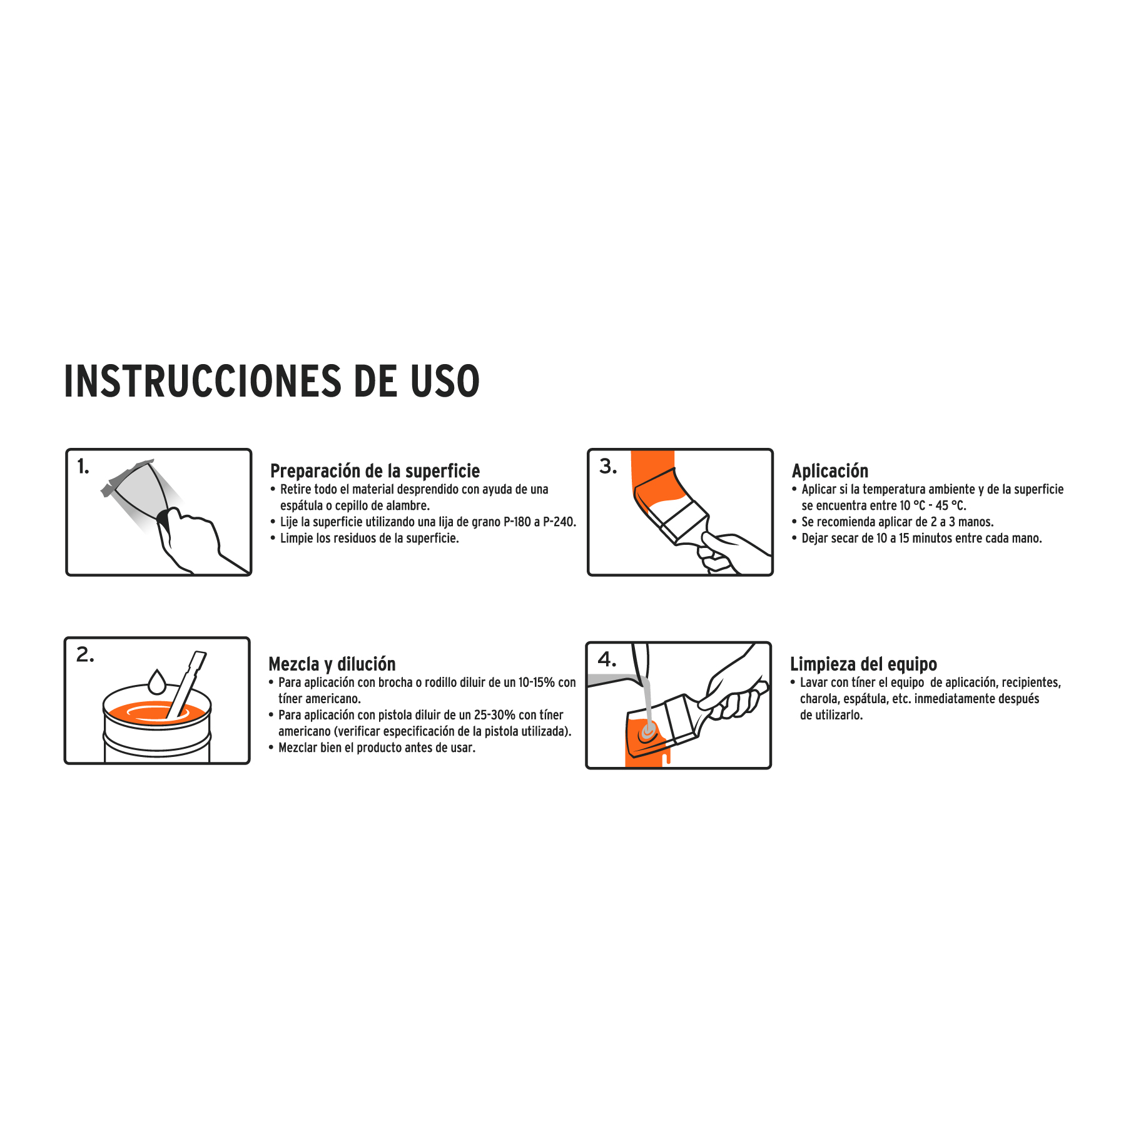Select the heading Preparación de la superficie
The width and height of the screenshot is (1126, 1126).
pos(375,471)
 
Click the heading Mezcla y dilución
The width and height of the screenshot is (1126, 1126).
pos(332,664)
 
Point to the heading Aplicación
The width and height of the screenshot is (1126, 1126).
pos(830,471)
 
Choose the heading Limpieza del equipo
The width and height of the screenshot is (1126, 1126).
pos(863,664)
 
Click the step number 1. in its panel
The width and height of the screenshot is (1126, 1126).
pos(83,467)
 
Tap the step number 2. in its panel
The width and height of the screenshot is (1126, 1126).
pos(85,655)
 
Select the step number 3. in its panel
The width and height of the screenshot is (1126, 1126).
pos(608,467)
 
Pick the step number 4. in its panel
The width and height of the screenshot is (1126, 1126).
pos(607,659)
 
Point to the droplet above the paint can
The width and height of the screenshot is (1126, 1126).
pos(156,682)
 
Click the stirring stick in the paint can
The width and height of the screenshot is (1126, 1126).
pos(186,685)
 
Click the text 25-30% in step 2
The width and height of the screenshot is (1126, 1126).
pos(495,715)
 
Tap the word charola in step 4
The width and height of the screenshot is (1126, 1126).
pos(818,699)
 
